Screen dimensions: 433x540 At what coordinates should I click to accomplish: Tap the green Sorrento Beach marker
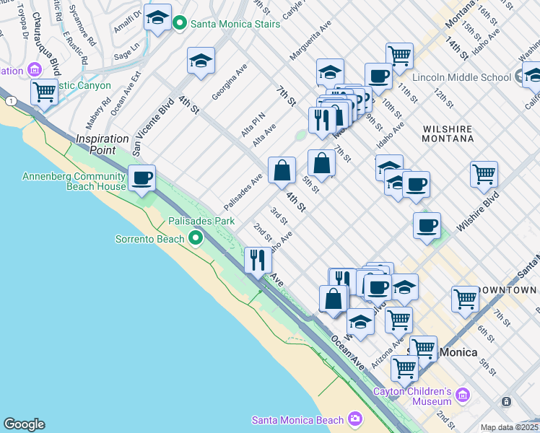pos(195,238)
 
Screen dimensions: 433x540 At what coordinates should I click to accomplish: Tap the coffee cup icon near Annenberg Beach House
pos(141,178)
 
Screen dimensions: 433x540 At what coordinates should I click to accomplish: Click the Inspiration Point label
pos(97,144)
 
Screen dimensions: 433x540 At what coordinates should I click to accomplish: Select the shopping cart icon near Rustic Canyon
pos(45,93)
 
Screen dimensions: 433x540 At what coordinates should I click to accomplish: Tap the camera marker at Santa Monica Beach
pos(354,419)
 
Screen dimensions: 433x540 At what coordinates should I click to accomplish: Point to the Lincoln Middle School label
pos(461,77)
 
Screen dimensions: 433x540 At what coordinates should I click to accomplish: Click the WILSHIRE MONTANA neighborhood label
pos(447,134)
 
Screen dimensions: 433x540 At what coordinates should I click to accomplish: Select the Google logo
pos(24,424)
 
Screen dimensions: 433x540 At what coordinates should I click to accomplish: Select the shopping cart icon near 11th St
pos(399,56)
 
